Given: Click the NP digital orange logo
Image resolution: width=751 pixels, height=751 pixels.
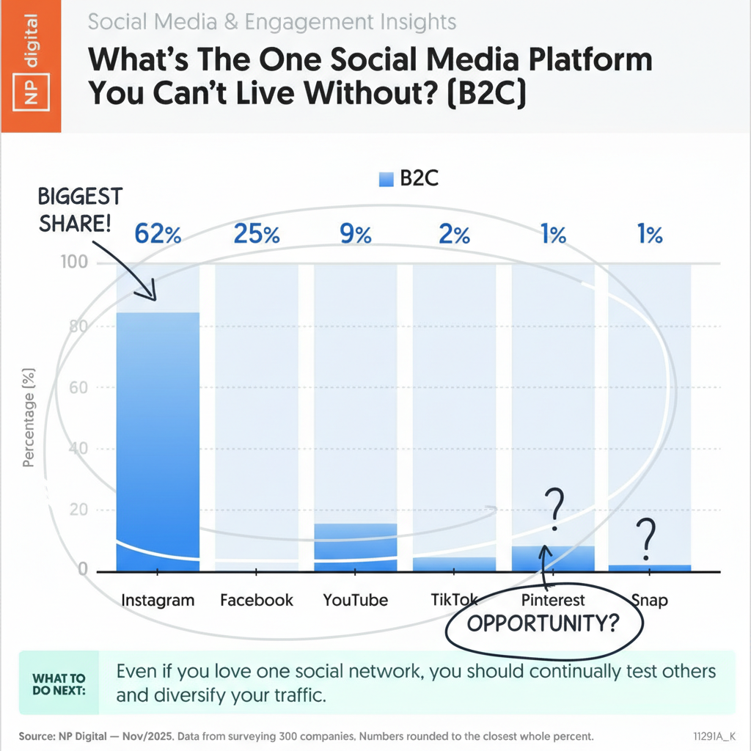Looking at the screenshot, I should [x=30, y=66].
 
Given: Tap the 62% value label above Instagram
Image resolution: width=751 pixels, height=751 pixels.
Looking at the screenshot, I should [x=158, y=235].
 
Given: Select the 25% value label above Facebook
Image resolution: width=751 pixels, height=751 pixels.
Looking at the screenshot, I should [x=257, y=235].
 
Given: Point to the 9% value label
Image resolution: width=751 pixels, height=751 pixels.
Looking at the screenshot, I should [x=356, y=235].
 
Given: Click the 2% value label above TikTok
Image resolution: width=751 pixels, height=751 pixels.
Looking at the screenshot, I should [x=455, y=235].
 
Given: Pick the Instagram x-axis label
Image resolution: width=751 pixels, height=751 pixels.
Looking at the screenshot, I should [x=158, y=600].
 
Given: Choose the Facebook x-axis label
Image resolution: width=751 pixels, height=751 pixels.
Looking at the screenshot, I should [x=257, y=600].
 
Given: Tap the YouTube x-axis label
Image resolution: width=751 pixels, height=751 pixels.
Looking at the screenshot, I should [x=356, y=600].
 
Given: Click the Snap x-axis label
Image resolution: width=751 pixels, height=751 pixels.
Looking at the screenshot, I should [x=650, y=600].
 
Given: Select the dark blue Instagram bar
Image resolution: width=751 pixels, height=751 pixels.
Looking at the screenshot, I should [x=158, y=440].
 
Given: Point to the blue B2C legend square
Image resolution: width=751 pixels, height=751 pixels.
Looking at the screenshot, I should [x=387, y=180].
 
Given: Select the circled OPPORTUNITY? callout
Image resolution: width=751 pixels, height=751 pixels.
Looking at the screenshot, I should [x=543, y=624].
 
